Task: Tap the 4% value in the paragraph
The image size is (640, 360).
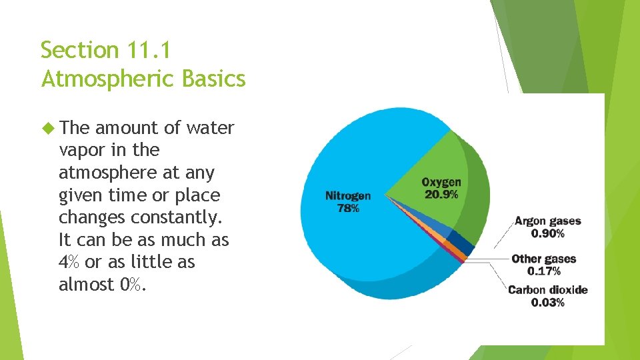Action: tap(69, 262)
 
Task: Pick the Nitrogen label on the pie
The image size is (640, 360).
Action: tap(348, 196)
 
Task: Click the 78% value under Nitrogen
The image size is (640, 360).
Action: tap(348, 208)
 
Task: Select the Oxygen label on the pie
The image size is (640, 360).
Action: tap(441, 183)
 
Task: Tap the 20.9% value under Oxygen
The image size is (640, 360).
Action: tap(441, 195)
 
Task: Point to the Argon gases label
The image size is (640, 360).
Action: tap(547, 221)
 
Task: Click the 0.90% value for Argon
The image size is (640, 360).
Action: tap(547, 233)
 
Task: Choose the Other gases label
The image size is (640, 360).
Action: tap(543, 259)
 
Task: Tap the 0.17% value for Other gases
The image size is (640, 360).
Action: tap(543, 271)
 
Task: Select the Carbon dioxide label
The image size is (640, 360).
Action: tap(547, 290)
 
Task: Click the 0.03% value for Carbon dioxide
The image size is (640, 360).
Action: tap(547, 303)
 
